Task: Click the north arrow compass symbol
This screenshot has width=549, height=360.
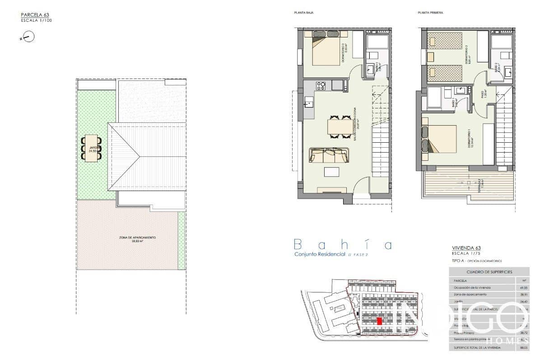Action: pos(28,37)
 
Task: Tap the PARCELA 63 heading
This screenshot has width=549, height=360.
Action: pos(35,15)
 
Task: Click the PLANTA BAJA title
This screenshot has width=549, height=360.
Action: pos(303,13)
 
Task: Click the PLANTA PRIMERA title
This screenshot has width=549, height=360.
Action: pos(430,13)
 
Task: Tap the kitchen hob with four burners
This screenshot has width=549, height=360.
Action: pos(321,85)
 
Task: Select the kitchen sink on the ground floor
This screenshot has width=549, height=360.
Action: pos(309,103)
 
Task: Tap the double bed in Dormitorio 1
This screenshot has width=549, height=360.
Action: pos(441,139)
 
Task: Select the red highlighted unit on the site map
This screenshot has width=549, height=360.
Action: pos(379,321)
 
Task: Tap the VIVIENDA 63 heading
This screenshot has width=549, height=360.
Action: pos(466,248)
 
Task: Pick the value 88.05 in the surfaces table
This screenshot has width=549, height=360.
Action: pos(523,348)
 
